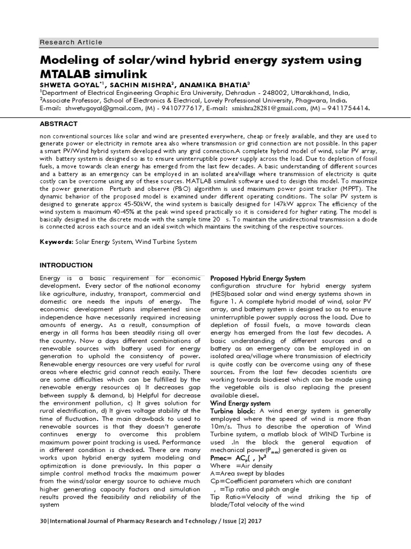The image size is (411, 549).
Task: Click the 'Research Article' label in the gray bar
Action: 71,42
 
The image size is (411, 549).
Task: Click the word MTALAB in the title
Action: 68,73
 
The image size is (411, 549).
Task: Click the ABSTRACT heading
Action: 58,123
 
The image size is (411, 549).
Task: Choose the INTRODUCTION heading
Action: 66,265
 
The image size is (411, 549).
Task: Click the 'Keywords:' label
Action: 57,242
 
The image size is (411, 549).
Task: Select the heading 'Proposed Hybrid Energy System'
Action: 258,278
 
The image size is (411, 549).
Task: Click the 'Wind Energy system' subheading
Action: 240,403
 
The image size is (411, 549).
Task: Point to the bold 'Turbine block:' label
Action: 233,411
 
